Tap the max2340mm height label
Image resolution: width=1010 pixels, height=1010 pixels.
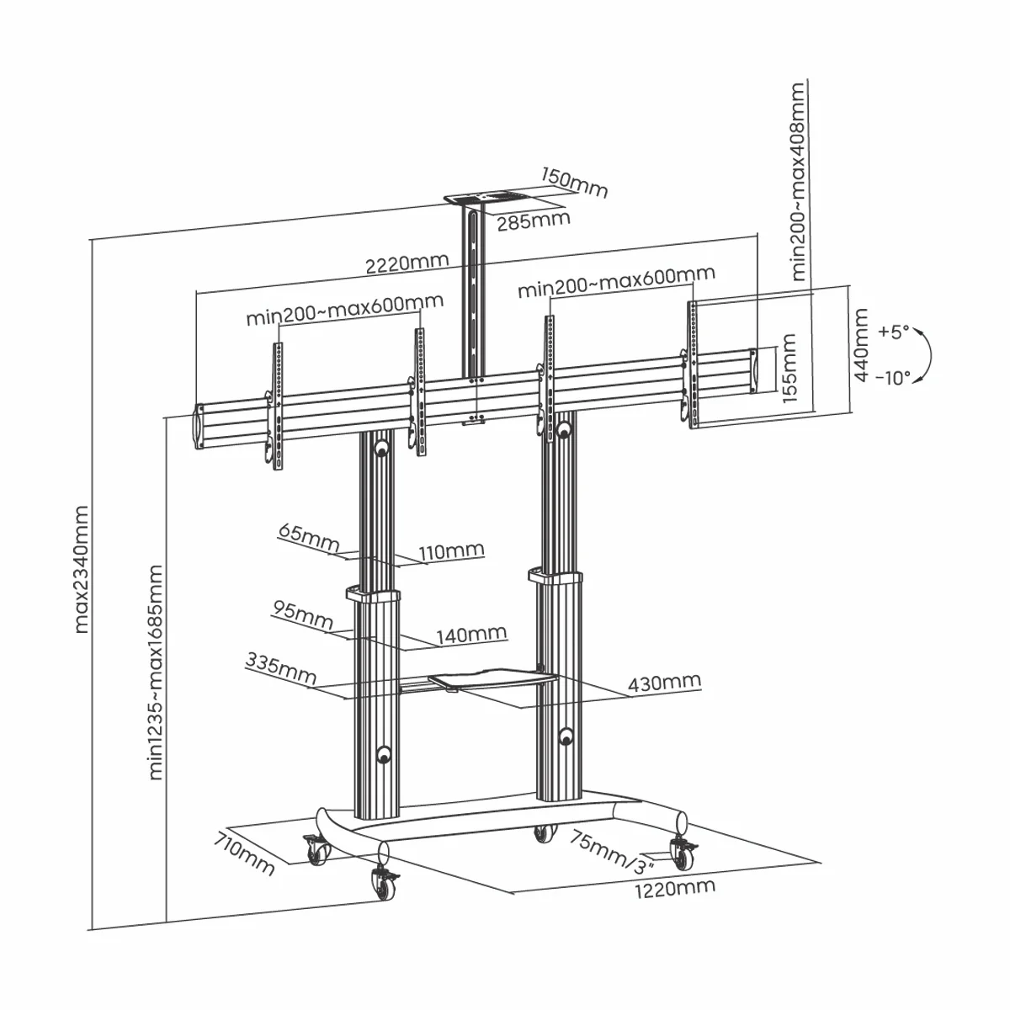click(x=82, y=568)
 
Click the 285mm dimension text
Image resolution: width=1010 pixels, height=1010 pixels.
click(x=533, y=221)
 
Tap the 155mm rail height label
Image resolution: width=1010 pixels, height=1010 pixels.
click(x=789, y=369)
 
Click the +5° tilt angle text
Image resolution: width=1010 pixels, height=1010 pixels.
click(x=894, y=332)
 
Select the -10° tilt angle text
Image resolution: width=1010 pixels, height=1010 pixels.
click(x=892, y=378)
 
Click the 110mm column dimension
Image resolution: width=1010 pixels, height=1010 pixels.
click(x=451, y=551)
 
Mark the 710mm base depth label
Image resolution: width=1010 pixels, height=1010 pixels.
click(x=244, y=852)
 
